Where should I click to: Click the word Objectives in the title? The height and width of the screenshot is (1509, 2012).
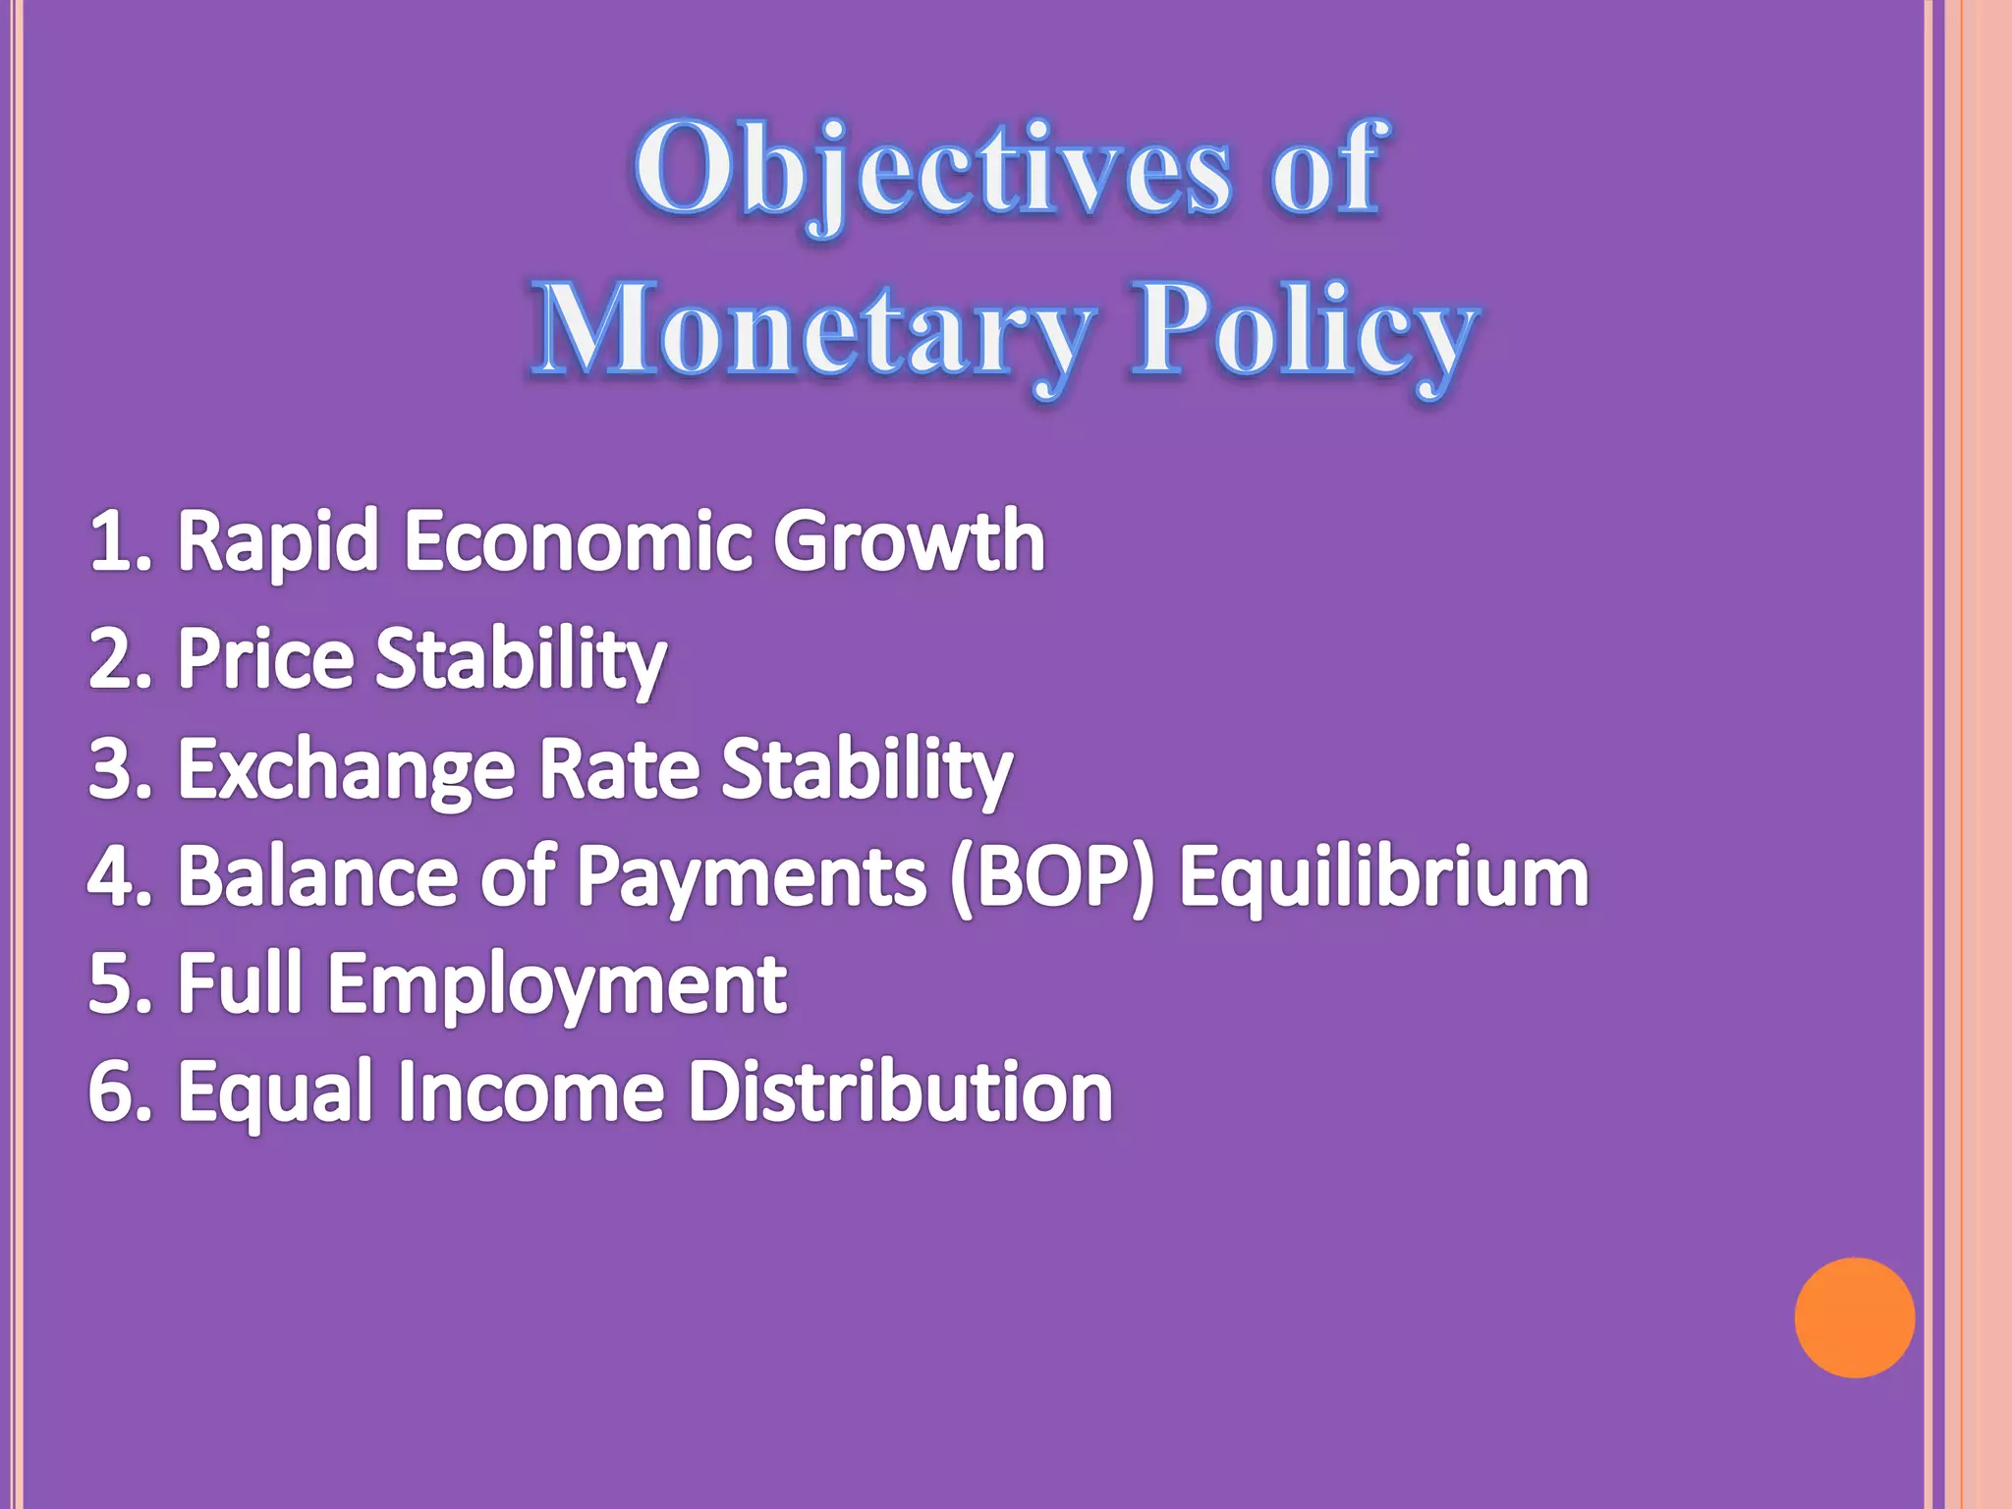tap(931, 169)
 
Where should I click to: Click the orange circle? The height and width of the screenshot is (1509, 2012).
tap(1854, 1317)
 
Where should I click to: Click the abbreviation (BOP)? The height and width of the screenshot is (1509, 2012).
tap(1052, 877)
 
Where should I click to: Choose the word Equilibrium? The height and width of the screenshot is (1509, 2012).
tap(1383, 877)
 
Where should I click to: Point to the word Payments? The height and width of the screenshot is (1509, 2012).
tap(752, 877)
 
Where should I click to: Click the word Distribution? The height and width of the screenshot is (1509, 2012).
tap(899, 1091)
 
